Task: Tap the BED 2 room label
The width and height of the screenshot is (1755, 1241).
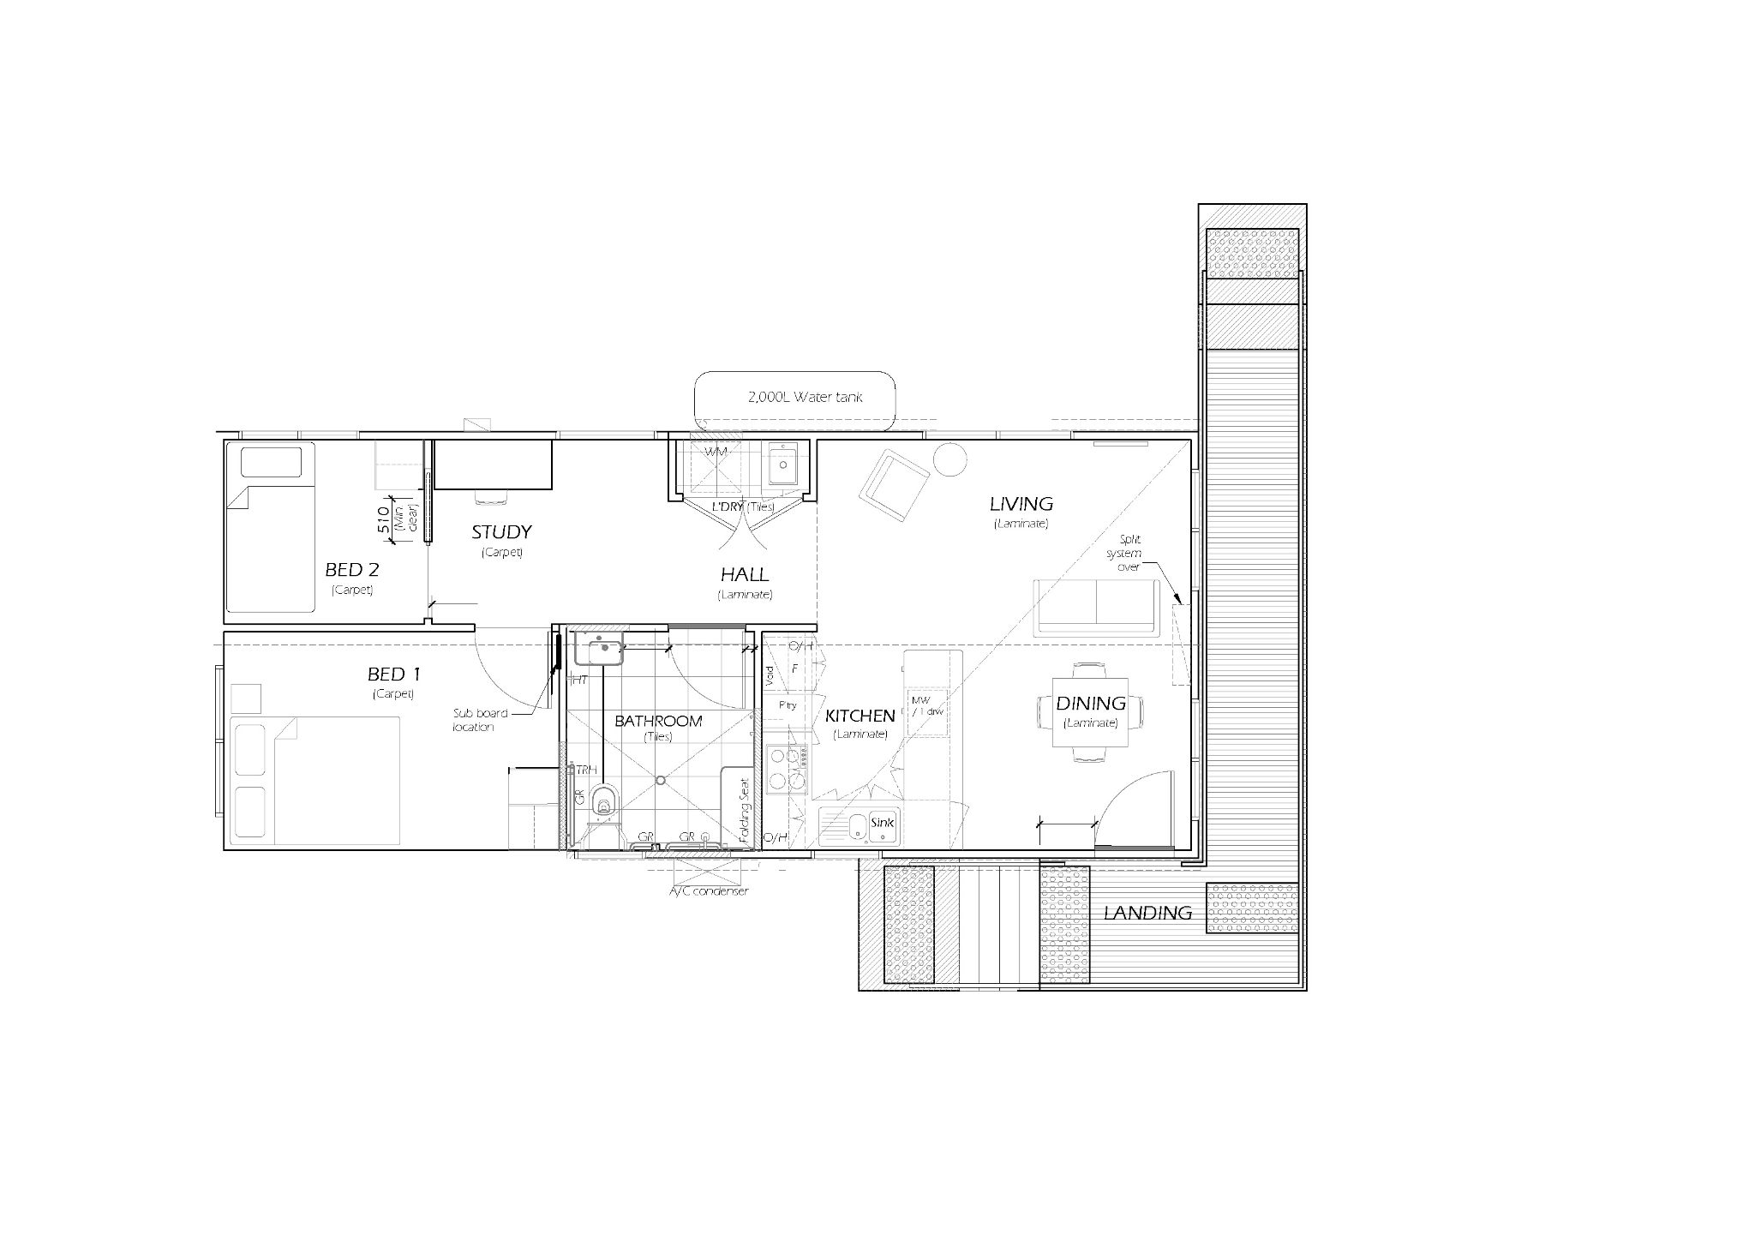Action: [351, 570]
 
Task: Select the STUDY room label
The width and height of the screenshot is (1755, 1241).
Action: [501, 532]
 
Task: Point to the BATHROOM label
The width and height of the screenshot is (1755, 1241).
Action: [658, 721]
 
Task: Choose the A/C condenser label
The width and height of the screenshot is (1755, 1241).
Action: [709, 891]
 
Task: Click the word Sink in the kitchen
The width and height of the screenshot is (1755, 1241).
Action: [882, 823]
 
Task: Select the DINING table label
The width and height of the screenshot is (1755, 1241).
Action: [1090, 704]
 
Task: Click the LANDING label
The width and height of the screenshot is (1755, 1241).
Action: [1147, 914]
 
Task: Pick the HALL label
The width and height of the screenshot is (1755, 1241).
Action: [744, 575]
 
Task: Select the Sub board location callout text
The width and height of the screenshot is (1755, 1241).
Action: [480, 720]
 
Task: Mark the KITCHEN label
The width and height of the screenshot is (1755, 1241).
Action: [860, 716]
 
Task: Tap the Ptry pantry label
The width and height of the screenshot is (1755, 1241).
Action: [788, 705]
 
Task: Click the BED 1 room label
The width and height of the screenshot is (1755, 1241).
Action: [393, 675]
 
